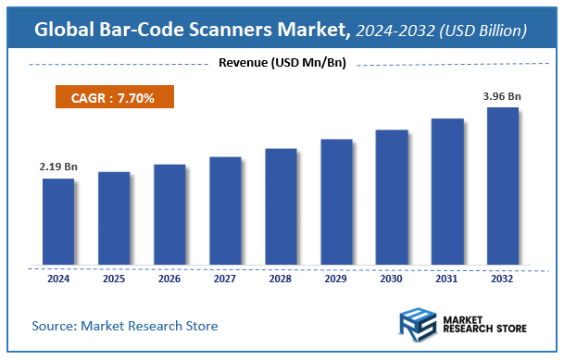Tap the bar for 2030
click(x=391, y=198)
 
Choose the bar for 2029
click(x=335, y=203)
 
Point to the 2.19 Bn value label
click(x=57, y=167)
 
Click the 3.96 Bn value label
click(x=502, y=95)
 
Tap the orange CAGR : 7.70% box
click(x=109, y=96)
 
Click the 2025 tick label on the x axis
click(x=113, y=279)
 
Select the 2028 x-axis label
click(x=280, y=279)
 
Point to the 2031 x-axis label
click(x=446, y=279)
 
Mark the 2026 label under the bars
click(x=169, y=279)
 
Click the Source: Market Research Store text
click(x=125, y=326)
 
